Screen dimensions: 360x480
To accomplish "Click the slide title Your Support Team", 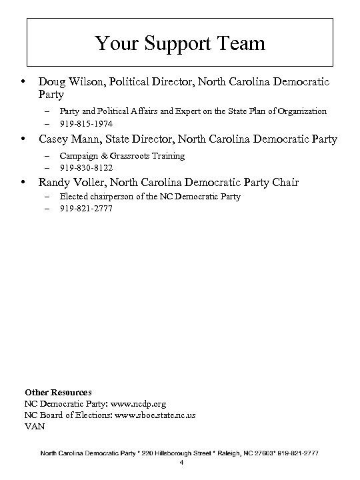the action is pyautogui.click(x=180, y=44).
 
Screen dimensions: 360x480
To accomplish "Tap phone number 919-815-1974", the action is pyautogui.click(x=86, y=123).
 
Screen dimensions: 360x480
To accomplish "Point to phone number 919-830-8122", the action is pyautogui.click(x=86, y=167).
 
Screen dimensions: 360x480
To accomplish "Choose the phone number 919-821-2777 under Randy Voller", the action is pyautogui.click(x=86, y=209).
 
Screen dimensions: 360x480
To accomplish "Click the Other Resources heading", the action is pyautogui.click(x=58, y=393).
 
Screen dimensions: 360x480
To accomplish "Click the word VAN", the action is pyautogui.click(x=35, y=426).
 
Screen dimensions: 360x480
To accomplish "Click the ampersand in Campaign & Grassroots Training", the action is pyautogui.click(x=99, y=155).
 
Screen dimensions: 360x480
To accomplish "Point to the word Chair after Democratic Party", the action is pyautogui.click(x=285, y=183).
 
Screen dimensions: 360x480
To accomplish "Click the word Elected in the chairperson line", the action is pyautogui.click(x=73, y=197).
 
